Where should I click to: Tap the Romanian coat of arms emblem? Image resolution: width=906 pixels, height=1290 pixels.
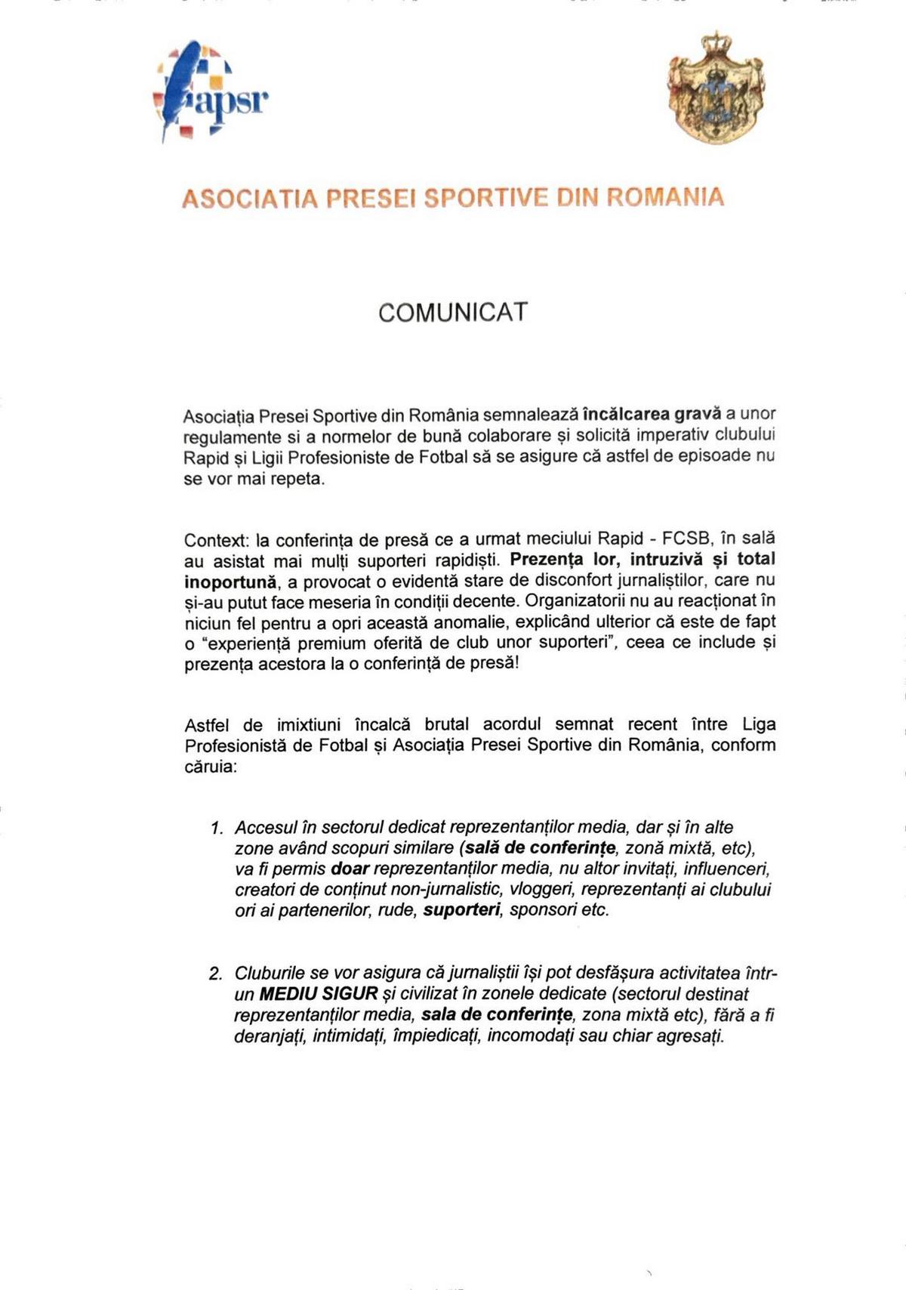[716, 88]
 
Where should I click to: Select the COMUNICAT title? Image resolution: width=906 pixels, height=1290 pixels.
[453, 313]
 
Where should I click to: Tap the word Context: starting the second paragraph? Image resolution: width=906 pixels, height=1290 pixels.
[216, 541]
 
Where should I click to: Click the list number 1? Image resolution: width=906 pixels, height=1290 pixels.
[217, 829]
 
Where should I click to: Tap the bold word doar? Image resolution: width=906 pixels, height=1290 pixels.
[350, 869]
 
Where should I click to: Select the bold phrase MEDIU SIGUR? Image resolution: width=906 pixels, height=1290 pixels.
[318, 994]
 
